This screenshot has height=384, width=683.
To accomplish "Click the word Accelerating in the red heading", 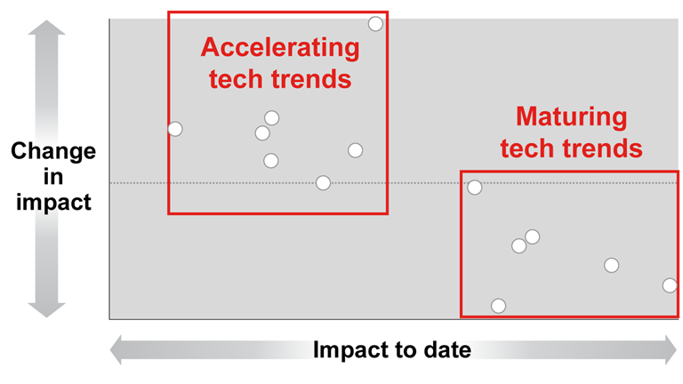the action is pyautogui.click(x=280, y=48).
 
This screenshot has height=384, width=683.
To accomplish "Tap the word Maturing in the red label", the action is pyautogui.click(x=572, y=117).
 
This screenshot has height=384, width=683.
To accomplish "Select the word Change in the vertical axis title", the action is pyautogui.click(x=53, y=151).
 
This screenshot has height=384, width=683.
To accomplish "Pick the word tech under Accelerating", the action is pyautogui.click(x=236, y=79).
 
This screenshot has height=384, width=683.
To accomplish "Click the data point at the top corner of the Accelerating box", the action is pyautogui.click(x=375, y=24).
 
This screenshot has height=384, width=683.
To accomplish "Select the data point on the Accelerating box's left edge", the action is pyautogui.click(x=175, y=129).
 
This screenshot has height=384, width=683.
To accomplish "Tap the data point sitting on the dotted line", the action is pyautogui.click(x=323, y=183).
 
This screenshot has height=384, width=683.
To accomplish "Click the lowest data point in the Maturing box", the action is pyautogui.click(x=498, y=306).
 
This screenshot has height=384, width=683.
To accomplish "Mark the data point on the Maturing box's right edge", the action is pyautogui.click(x=670, y=285).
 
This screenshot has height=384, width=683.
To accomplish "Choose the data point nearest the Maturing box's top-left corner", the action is pyautogui.click(x=475, y=188).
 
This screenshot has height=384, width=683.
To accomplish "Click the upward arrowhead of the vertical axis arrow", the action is pyautogui.click(x=46, y=28).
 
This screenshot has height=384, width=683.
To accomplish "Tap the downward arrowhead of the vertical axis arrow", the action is pyautogui.click(x=46, y=309).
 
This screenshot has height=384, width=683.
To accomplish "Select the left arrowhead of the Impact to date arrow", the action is pyautogui.click(x=116, y=349).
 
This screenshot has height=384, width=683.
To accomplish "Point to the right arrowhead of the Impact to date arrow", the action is pyautogui.click(x=671, y=349).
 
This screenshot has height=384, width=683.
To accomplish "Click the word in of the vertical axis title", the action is pyautogui.click(x=53, y=177).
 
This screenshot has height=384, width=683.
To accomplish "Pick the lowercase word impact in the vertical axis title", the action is pyautogui.click(x=53, y=203).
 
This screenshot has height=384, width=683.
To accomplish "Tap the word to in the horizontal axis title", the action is pyautogui.click(x=407, y=350).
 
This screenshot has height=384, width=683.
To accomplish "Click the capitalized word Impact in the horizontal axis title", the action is pyautogui.click(x=351, y=350).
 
